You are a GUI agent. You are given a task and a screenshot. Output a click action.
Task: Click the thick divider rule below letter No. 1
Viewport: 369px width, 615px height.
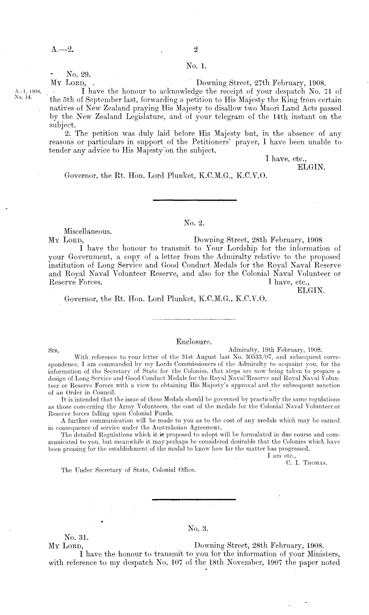point(195,200)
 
